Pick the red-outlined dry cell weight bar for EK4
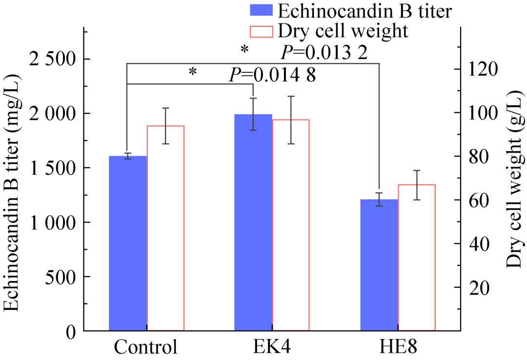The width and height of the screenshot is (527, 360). pos(291,225)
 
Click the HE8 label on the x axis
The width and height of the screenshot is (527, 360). pos(398,347)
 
